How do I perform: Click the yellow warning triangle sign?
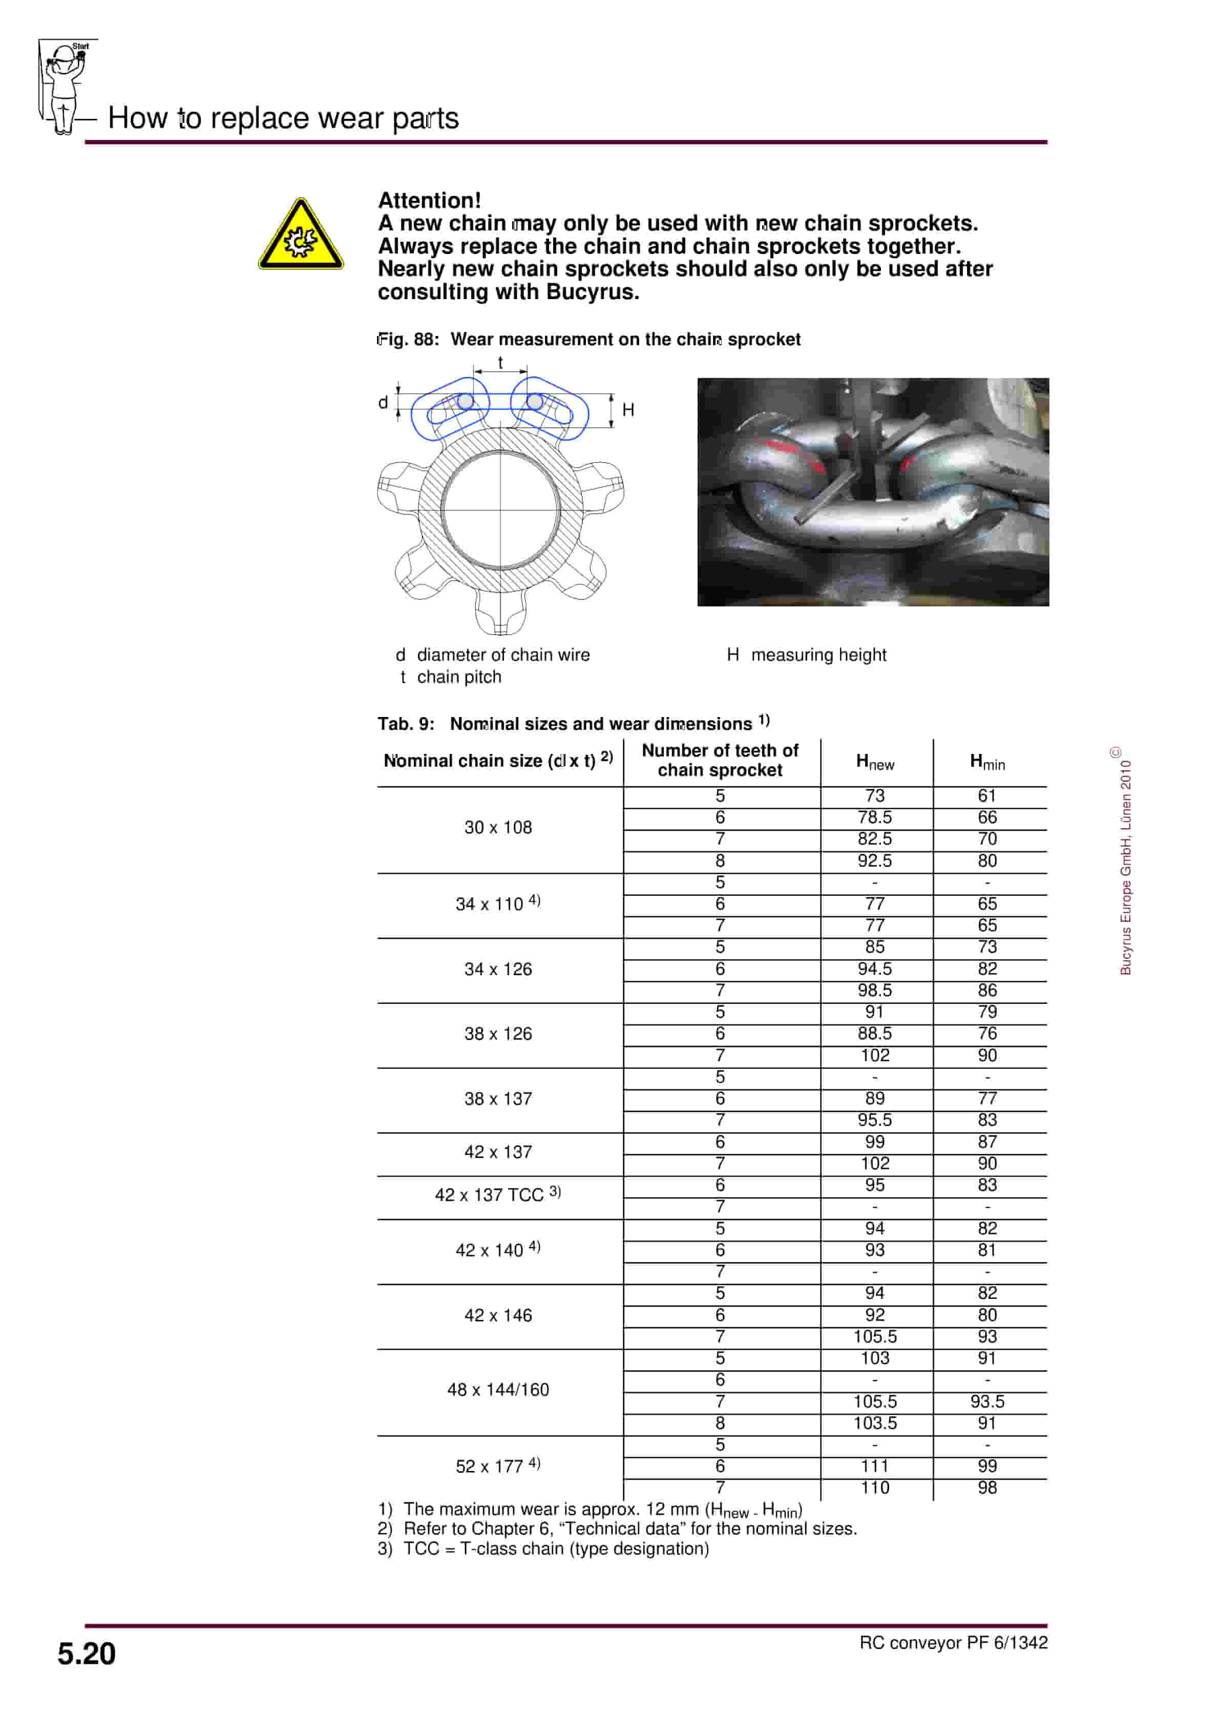click(301, 235)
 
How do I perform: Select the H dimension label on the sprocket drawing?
click(628, 409)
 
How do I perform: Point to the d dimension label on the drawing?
click(383, 403)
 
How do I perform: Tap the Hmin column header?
click(987, 762)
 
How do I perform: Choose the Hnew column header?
click(875, 762)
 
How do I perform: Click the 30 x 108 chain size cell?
click(497, 827)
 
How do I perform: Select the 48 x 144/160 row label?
click(497, 1389)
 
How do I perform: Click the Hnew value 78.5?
click(875, 817)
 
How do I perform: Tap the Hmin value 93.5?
click(987, 1401)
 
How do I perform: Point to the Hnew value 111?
click(875, 1466)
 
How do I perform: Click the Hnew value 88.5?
click(875, 1033)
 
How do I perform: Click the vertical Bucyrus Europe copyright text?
click(1125, 864)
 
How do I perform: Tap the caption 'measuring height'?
click(818, 655)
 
